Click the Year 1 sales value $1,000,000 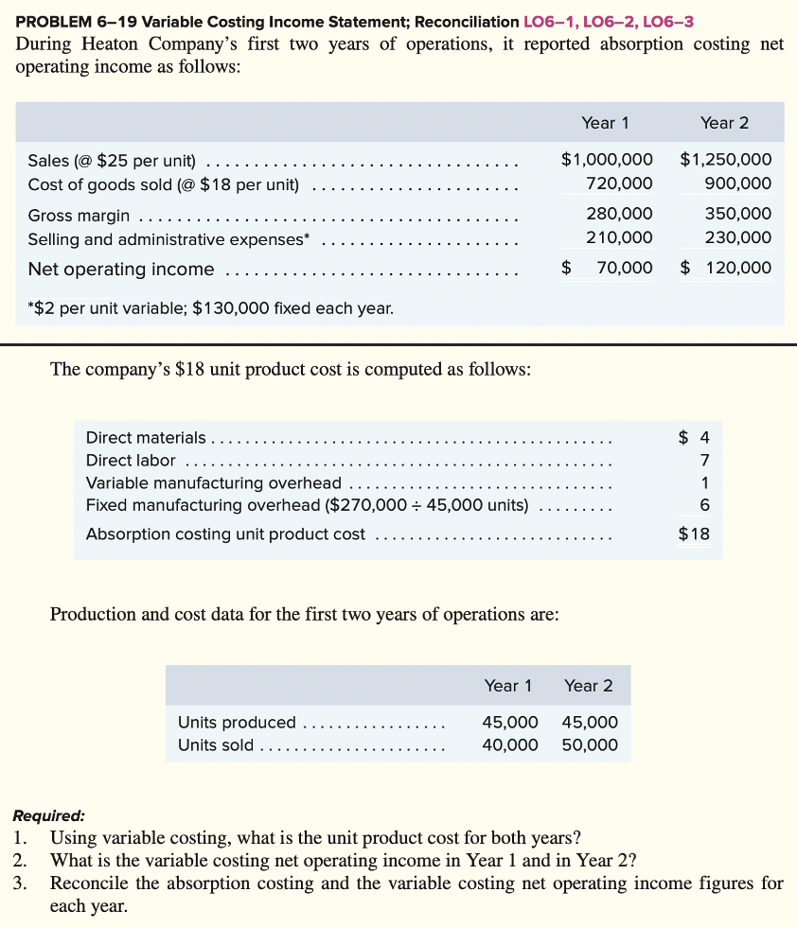coord(607,160)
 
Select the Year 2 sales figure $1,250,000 coord(725,160)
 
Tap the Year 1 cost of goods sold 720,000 coord(619,184)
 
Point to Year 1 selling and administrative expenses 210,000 coord(619,237)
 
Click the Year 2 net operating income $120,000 coord(726,269)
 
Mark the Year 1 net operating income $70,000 coord(608,269)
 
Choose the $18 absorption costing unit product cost coord(694,533)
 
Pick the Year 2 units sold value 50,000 coord(590,745)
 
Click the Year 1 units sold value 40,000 coord(510,745)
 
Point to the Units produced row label coord(237,723)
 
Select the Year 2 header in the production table coord(589,686)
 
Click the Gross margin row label coord(80,215)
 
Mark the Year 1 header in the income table coord(606,123)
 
